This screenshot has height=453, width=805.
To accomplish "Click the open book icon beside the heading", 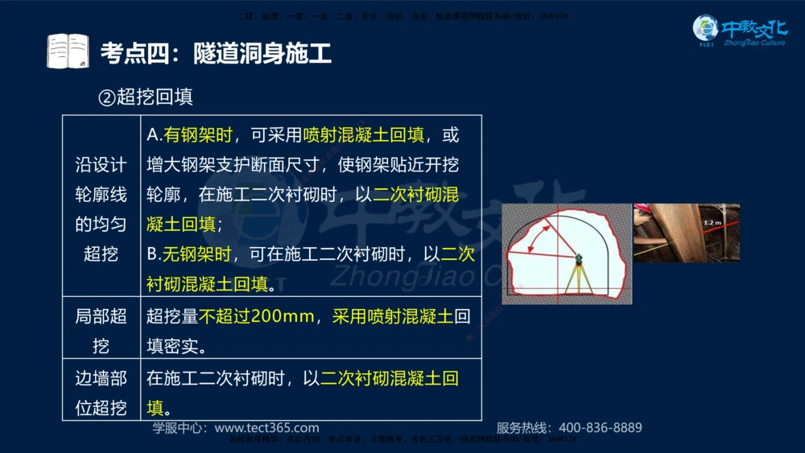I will tap(68, 51).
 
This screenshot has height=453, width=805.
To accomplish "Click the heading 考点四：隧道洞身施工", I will tap(216, 53).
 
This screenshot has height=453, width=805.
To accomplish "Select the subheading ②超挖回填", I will tap(146, 97).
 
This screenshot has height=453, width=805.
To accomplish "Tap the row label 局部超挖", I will tap(101, 331).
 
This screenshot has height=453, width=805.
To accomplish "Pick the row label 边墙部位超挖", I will tap(101, 393).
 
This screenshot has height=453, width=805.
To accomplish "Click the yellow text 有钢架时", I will tap(196, 135).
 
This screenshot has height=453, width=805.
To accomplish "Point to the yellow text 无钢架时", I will tap(196, 254).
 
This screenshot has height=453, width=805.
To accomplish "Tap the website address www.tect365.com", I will tap(266, 428).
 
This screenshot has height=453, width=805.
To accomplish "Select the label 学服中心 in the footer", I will tap(179, 428).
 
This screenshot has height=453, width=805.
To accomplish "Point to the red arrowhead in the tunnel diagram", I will tap(548, 228).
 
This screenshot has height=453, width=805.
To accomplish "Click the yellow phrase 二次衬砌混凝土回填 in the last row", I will tap(390, 378).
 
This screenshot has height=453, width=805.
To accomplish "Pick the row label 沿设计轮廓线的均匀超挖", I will tap(101, 209).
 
